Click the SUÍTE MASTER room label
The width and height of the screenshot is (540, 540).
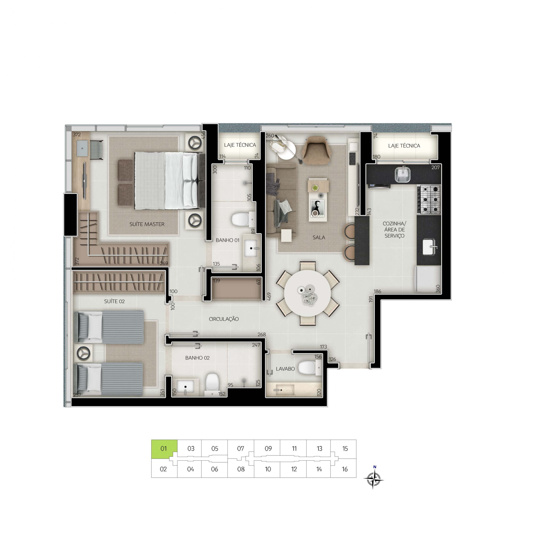coord(147,224)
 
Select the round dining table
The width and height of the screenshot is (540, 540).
coord(308,293)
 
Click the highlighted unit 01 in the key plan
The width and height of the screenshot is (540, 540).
coord(164,449)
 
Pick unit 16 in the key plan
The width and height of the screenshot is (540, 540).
coord(345,469)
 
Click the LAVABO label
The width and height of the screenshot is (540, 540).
coord(285,369)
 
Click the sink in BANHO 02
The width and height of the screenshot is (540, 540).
coord(185,387)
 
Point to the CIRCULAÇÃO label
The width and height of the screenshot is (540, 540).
coord(224,319)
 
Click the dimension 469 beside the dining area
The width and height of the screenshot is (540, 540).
coord(269,296)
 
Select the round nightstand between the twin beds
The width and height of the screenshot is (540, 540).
coord(83,353)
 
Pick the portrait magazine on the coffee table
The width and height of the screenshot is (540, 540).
coord(317,208)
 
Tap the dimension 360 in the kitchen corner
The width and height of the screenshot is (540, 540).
coord(438,289)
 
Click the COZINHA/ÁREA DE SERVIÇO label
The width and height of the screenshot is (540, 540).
coord(394,229)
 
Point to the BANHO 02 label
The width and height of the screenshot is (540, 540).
coord(197,358)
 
